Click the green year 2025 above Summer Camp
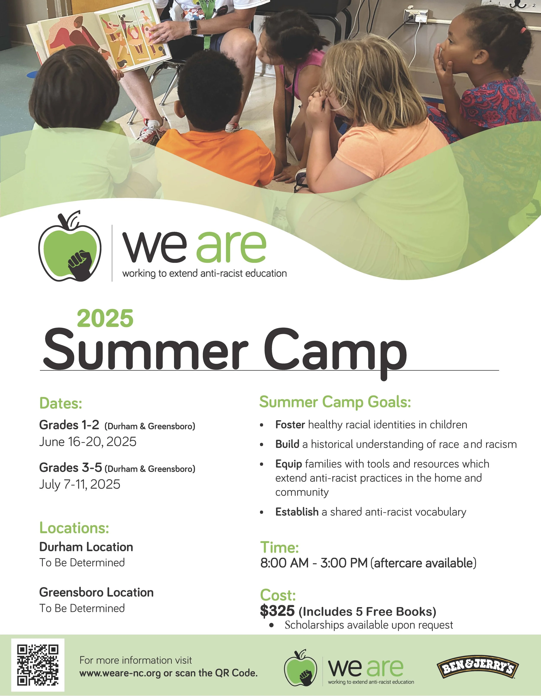[x=105, y=318]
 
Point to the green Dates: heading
[x=61, y=403]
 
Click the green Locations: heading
[x=74, y=528]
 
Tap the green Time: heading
[x=279, y=547]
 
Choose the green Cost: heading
[x=278, y=595]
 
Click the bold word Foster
[x=290, y=425]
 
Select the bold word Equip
[x=288, y=464]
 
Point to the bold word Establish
[x=297, y=512]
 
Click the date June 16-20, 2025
[x=88, y=442]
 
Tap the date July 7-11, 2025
[x=80, y=484]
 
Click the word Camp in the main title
[x=335, y=350]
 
